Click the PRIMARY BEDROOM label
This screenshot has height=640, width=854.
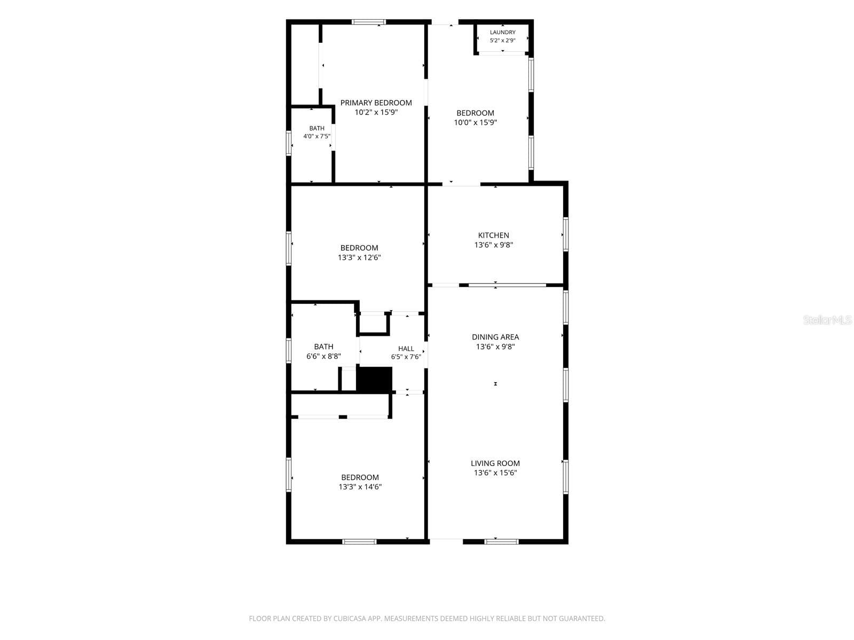pos(376,102)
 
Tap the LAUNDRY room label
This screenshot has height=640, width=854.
pos(502,32)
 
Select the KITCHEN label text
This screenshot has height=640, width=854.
pos(493,235)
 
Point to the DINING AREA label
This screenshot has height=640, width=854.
pos(495,337)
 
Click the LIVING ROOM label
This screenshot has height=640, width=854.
pos(495,463)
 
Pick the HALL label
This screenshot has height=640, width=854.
pos(406,349)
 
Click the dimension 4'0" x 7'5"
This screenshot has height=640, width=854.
pos(317,136)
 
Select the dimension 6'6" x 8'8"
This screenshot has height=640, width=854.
pos(323,356)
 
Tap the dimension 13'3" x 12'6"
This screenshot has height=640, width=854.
pos(359,257)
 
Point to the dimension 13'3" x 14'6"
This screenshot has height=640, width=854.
pos(360,487)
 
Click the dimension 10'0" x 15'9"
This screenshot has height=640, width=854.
pos(475,123)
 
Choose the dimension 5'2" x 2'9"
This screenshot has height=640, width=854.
pos(502,41)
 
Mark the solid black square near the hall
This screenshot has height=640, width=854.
pos(374,380)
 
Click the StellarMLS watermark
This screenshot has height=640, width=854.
pos(827,320)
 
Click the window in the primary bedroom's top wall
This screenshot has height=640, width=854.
pos(369,22)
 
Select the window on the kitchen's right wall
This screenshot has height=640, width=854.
pos(566,234)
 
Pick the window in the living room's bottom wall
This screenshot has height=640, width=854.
pos(501,541)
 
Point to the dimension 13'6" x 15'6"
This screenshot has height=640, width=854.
pos(495,473)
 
